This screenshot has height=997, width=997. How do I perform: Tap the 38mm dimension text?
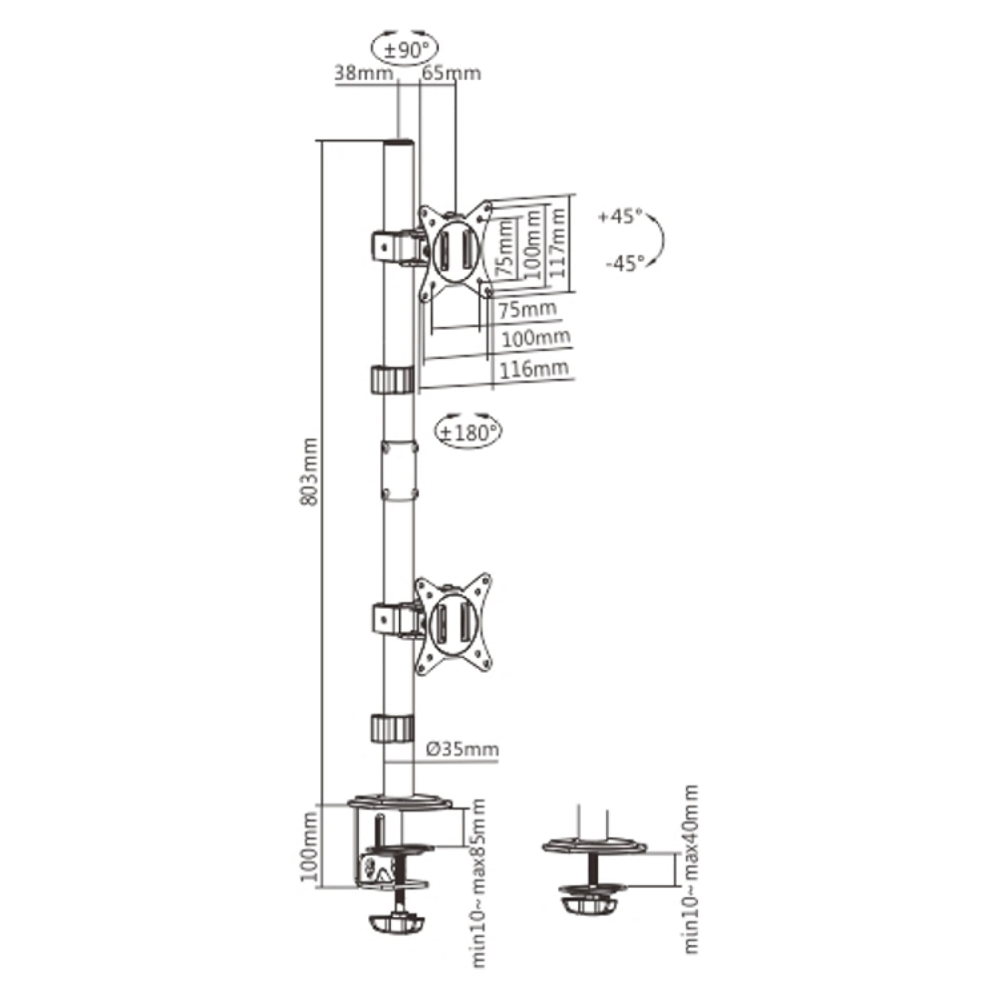(363, 73)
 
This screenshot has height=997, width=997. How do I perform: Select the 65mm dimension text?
(451, 73)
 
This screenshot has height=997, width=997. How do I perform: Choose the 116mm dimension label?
(534, 369)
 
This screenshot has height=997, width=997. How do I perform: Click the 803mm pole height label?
(310, 472)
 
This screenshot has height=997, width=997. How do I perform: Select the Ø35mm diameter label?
(463, 748)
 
